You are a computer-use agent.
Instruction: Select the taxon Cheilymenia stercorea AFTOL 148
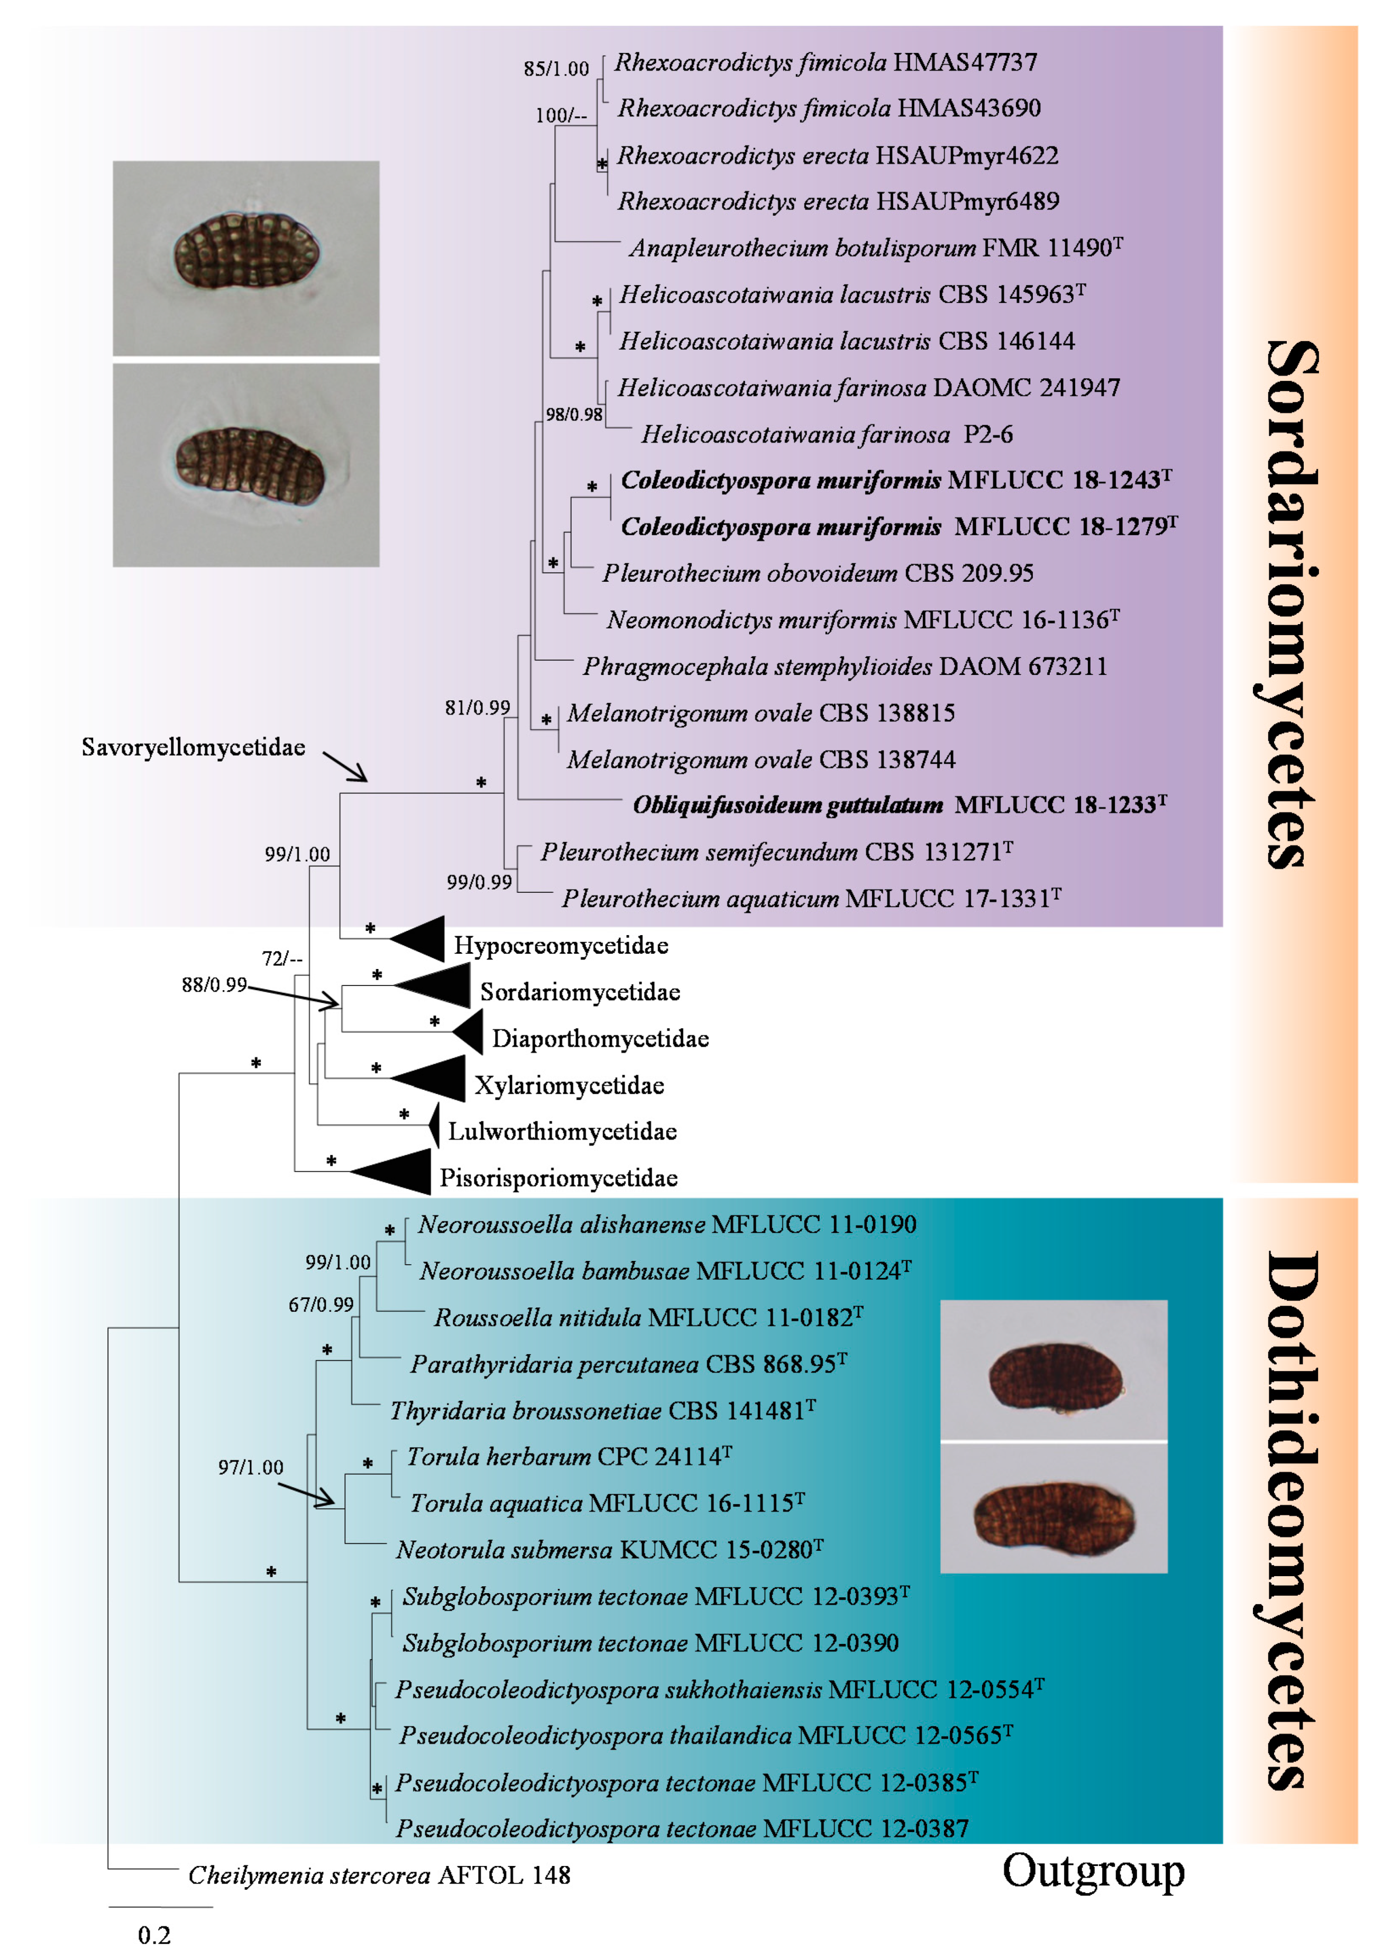[x=379, y=1875]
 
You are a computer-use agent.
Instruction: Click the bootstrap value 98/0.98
[x=574, y=415]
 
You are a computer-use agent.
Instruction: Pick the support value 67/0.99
[x=321, y=1305]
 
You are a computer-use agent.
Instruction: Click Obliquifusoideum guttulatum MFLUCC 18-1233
[x=899, y=806]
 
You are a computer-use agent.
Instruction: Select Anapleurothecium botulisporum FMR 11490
[x=875, y=248]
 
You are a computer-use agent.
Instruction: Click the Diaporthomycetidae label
[x=600, y=1038]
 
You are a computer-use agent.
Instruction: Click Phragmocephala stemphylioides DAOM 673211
[x=844, y=666]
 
